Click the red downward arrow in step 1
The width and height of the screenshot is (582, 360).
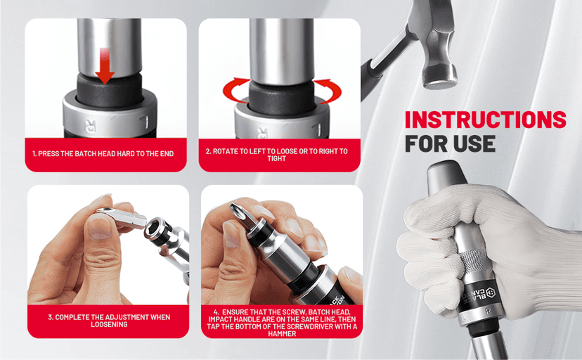[105, 67]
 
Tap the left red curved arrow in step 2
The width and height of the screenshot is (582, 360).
[232, 91]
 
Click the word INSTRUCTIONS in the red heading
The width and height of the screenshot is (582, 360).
[485, 120]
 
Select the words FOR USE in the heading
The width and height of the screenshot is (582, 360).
[450, 143]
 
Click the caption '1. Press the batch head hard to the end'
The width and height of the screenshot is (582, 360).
[103, 154]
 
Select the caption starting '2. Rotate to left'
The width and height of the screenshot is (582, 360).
[277, 155]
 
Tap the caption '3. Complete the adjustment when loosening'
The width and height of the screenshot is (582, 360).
[109, 321]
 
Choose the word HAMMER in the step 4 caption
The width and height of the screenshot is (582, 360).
[282, 334]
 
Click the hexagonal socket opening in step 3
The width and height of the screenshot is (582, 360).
[154, 228]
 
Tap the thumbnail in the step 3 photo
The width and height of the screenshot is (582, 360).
[100, 226]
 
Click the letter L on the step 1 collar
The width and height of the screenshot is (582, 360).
[145, 122]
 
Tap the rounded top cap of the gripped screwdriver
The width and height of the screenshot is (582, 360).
[444, 171]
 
